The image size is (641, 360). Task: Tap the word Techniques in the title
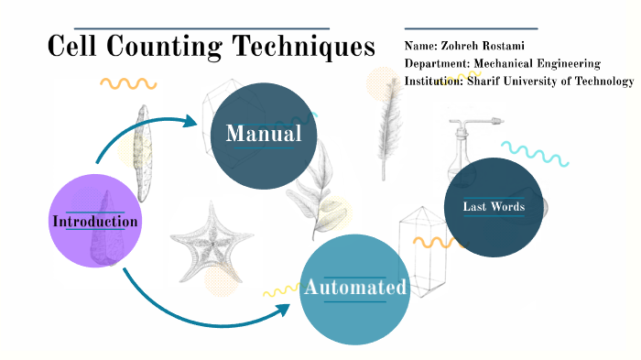pyautogui.click(x=303, y=46)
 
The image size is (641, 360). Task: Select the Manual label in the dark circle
pyautogui.click(x=264, y=134)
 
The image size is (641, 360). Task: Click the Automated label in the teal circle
pyautogui.click(x=355, y=288)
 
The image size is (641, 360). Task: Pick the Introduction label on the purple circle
pyautogui.click(x=95, y=221)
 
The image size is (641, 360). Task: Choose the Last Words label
pyautogui.click(x=494, y=207)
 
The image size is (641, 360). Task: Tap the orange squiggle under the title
pyautogui.click(x=128, y=83)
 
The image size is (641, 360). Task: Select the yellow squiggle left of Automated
pyautogui.click(x=280, y=291)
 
